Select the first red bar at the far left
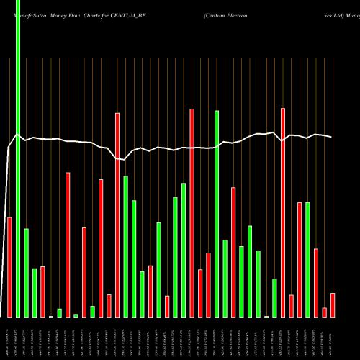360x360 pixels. tap(9, 266)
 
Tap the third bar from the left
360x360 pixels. tap(26, 273)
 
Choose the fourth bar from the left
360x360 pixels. tap(35, 292)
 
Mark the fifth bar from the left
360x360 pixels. tap(42, 292)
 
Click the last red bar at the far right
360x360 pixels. tap(333, 305)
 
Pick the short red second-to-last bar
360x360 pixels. tap(325, 312)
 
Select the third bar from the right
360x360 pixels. tap(316, 282)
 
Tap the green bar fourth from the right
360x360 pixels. tap(307, 260)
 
